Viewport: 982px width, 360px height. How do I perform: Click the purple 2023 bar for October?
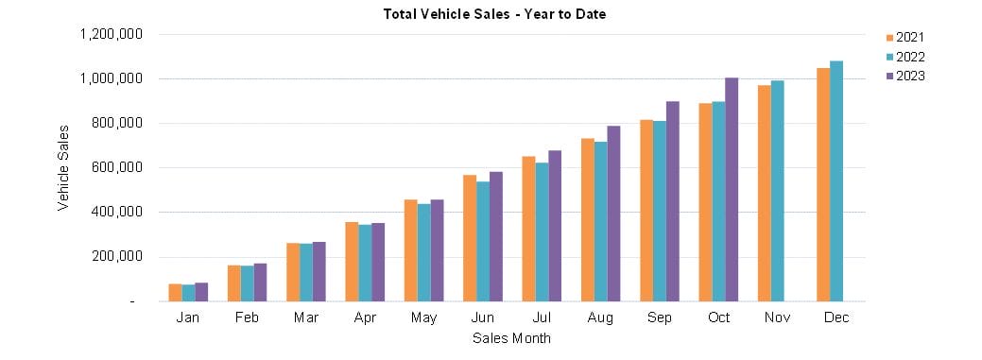(732, 189)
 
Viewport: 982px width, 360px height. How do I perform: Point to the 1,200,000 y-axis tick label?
(111, 34)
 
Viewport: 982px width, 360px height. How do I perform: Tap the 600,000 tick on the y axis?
(115, 168)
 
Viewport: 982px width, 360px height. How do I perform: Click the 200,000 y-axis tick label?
(115, 257)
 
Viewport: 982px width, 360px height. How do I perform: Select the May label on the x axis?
(424, 318)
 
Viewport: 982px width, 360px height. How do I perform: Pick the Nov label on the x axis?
(778, 318)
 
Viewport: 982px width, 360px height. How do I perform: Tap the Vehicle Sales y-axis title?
(63, 167)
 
